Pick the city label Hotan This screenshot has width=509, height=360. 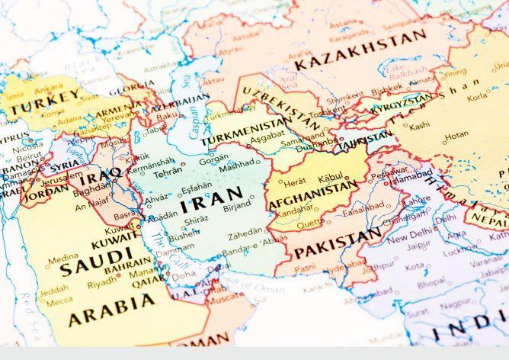[x=456, y=135]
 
